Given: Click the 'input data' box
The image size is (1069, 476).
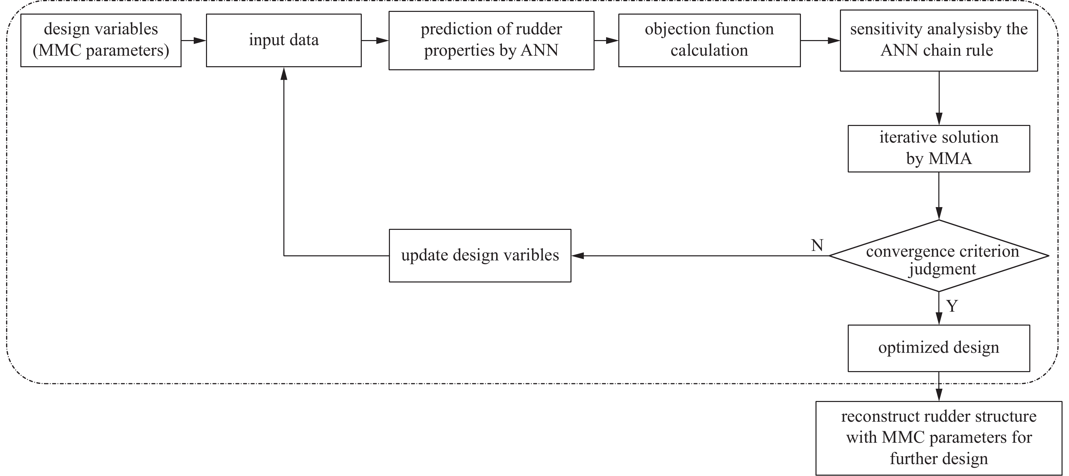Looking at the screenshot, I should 283,40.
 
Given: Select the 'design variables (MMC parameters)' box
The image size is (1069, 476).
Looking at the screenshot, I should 101,40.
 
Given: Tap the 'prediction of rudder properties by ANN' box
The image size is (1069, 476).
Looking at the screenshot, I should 491,40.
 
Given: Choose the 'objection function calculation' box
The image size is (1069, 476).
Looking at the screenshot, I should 709,40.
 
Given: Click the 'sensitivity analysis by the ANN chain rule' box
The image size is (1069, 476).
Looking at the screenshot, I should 938,40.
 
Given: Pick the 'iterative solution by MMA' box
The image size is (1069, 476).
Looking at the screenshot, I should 938,148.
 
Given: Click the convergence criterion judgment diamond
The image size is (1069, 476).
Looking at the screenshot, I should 938,256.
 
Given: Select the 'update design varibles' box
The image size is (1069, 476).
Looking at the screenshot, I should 480,255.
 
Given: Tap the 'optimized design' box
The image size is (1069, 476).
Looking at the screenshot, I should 938,348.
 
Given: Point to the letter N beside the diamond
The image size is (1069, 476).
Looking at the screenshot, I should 817,245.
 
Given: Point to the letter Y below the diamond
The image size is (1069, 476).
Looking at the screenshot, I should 952,306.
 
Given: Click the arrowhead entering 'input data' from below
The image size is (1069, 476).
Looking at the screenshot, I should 284,74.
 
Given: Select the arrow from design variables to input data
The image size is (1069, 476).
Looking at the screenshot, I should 193,40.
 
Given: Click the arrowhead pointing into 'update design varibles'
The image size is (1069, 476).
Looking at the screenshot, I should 578,256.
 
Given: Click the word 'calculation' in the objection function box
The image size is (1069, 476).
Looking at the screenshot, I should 709,51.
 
